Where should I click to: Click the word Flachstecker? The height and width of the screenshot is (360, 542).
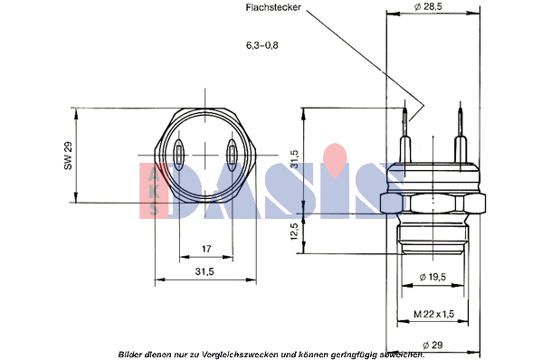pyautogui.click(x=273, y=7)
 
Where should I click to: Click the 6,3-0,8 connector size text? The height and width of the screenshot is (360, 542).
pyautogui.click(x=262, y=45)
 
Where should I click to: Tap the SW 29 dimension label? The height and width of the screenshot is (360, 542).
pyautogui.click(x=68, y=156)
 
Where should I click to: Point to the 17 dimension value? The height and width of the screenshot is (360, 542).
pyautogui.click(x=206, y=249)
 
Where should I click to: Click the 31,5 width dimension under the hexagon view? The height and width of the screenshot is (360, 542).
pyautogui.click(x=204, y=271)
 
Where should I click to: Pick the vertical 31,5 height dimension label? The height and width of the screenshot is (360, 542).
pyautogui.click(x=294, y=159)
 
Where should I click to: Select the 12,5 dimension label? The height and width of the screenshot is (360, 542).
pyautogui.click(x=294, y=232)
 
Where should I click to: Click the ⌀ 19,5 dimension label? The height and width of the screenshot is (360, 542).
pyautogui.click(x=433, y=277)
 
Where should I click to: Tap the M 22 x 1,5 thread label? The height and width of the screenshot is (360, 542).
pyautogui.click(x=433, y=314)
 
